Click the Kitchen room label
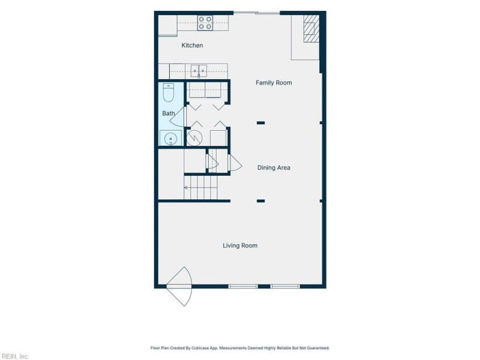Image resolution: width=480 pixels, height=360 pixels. tap(192, 46)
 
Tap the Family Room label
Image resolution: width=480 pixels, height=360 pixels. tap(274, 83)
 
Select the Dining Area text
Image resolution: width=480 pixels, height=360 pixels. tap(274, 168)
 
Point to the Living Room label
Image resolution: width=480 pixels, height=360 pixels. tap(240, 245)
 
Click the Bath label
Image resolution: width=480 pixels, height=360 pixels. tap(169, 113)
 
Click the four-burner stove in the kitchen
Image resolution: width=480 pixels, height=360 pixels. tap(205, 23)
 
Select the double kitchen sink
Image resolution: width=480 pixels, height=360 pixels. tap(199, 71)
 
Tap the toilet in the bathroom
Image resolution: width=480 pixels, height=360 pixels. tap(169, 92)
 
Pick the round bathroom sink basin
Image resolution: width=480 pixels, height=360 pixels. tap(170, 139)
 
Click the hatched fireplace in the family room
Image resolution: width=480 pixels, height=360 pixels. tap(311, 29)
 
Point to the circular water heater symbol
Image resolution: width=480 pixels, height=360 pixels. tap(194, 139)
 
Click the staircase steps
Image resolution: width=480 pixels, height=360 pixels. tap(201, 187)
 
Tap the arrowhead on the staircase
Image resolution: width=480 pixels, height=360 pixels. tap(186, 188)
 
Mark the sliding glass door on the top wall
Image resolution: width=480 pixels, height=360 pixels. tap(257, 13)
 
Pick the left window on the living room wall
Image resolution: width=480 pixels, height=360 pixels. tap(243, 287)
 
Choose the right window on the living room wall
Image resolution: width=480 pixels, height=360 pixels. tap(285, 287)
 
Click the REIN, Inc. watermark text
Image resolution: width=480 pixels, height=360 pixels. tap(14, 356)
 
